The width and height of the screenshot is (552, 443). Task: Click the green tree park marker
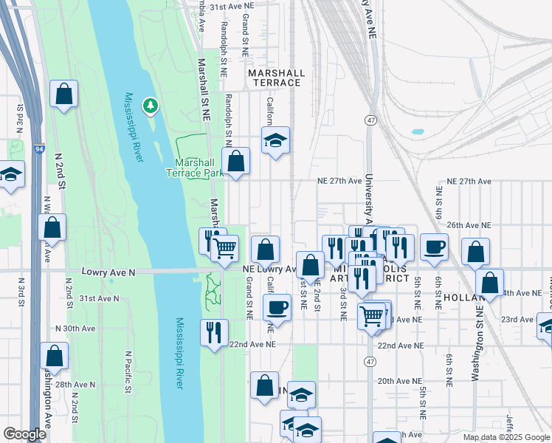coord(151,106)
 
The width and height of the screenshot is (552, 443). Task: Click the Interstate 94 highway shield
coord(39,148)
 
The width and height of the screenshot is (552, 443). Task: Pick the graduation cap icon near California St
coord(275,140)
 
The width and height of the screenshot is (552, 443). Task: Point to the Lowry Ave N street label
coord(109,272)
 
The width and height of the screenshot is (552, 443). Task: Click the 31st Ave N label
coord(99,298)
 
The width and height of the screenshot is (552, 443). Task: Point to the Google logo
coord(24,434)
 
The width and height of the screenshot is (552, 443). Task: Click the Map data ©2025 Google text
coord(506,437)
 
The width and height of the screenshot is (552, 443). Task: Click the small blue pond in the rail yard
coord(418,132)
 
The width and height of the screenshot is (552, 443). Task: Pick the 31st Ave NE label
coord(232,5)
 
